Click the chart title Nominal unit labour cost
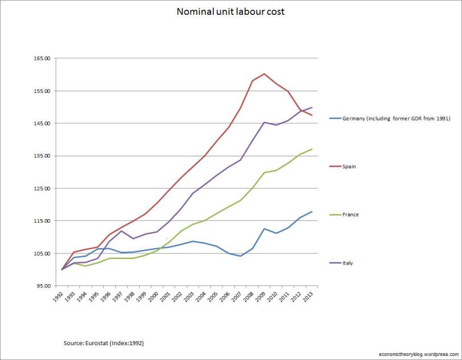[230, 11]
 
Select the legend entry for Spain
[350, 167]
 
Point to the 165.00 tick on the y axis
[43, 59]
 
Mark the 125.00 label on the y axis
[43, 188]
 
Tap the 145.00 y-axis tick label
[43, 124]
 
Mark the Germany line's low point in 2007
[240, 256]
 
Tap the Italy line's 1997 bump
[121, 230]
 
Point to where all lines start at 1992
[62, 269]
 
